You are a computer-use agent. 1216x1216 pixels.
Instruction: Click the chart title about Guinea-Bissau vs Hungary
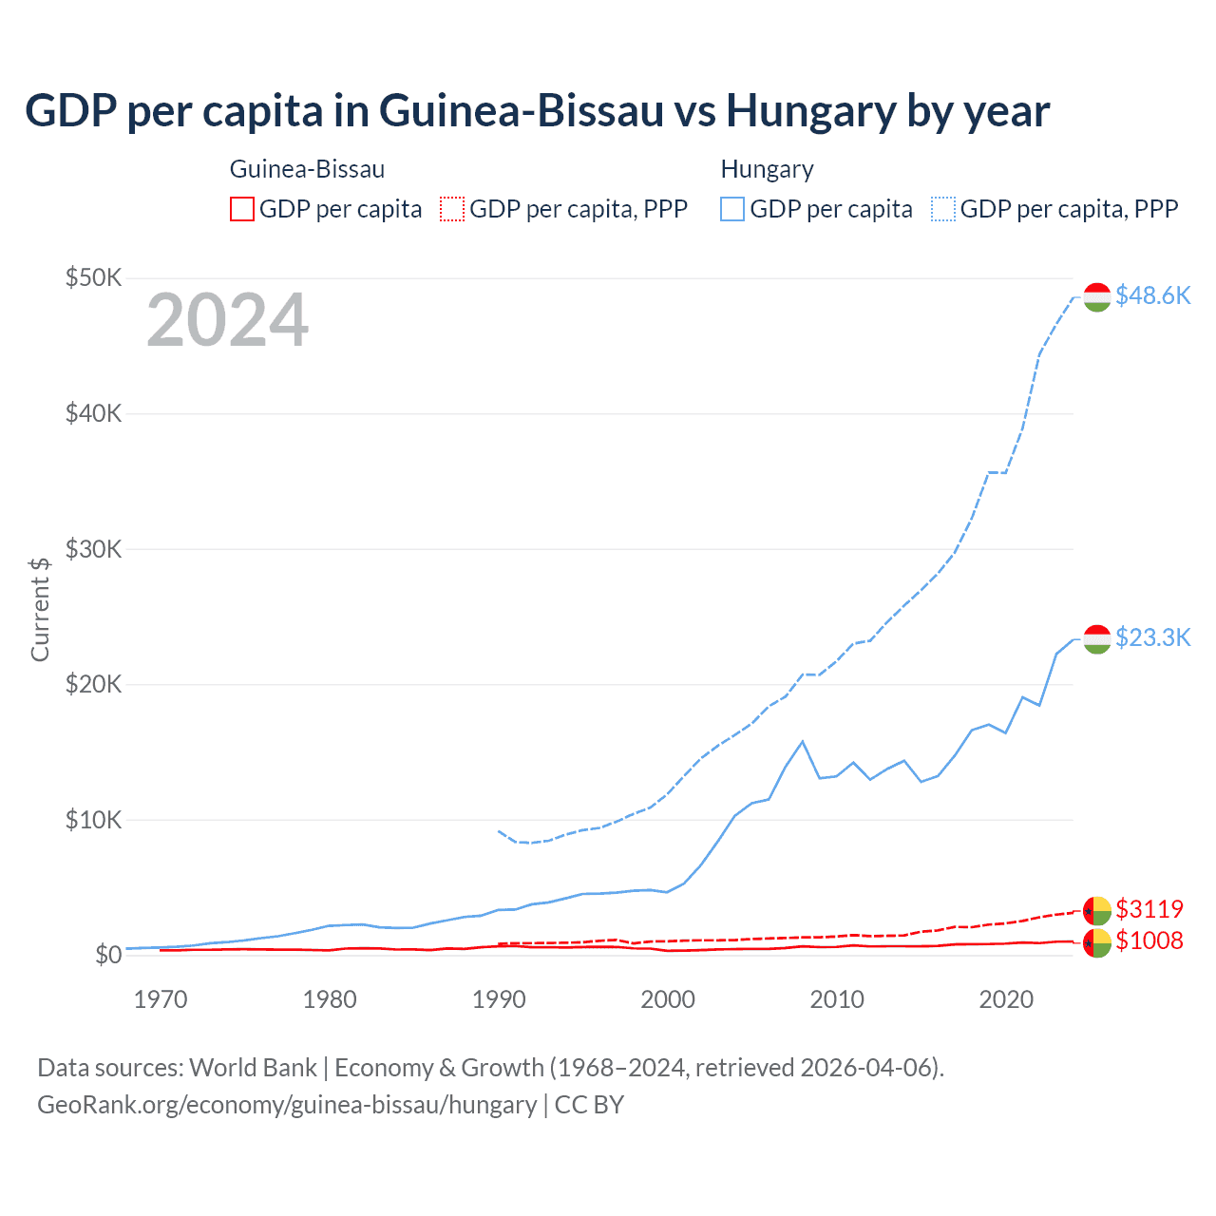pyautogui.click(x=537, y=111)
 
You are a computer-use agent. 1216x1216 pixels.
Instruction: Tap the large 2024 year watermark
pyautogui.click(x=227, y=320)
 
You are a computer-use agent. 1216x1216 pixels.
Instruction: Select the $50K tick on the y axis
pyautogui.click(x=93, y=277)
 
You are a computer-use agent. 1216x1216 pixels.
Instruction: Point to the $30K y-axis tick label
pyautogui.click(x=93, y=549)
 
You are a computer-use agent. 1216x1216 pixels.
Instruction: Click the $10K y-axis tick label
pyautogui.click(x=93, y=820)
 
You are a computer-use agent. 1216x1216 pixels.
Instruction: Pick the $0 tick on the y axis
pyautogui.click(x=108, y=955)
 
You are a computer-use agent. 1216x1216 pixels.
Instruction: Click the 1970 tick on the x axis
pyautogui.click(x=161, y=999)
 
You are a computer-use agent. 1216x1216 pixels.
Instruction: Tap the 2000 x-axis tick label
pyautogui.click(x=668, y=999)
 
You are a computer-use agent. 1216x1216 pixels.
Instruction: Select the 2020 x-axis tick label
pyautogui.click(x=1006, y=999)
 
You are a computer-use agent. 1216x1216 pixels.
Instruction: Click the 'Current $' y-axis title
pyautogui.click(x=40, y=609)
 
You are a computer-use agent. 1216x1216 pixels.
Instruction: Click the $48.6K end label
pyautogui.click(x=1152, y=295)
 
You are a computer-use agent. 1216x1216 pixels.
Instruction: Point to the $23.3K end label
pyautogui.click(x=1152, y=636)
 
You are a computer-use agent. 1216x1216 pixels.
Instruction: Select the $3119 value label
pyautogui.click(x=1149, y=909)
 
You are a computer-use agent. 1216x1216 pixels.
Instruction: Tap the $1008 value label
pyautogui.click(x=1149, y=940)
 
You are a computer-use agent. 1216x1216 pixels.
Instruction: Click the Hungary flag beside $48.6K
pyautogui.click(x=1097, y=296)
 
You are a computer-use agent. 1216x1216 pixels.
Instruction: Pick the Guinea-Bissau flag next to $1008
pyautogui.click(x=1097, y=943)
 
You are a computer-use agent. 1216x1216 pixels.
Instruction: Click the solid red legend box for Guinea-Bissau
pyautogui.click(x=242, y=209)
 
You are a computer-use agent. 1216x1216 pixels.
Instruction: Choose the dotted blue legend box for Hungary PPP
pyautogui.click(x=943, y=209)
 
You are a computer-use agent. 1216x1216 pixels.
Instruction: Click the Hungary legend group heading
pyautogui.click(x=767, y=169)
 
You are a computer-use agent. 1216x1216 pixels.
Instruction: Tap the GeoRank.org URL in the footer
pyautogui.click(x=287, y=1105)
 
